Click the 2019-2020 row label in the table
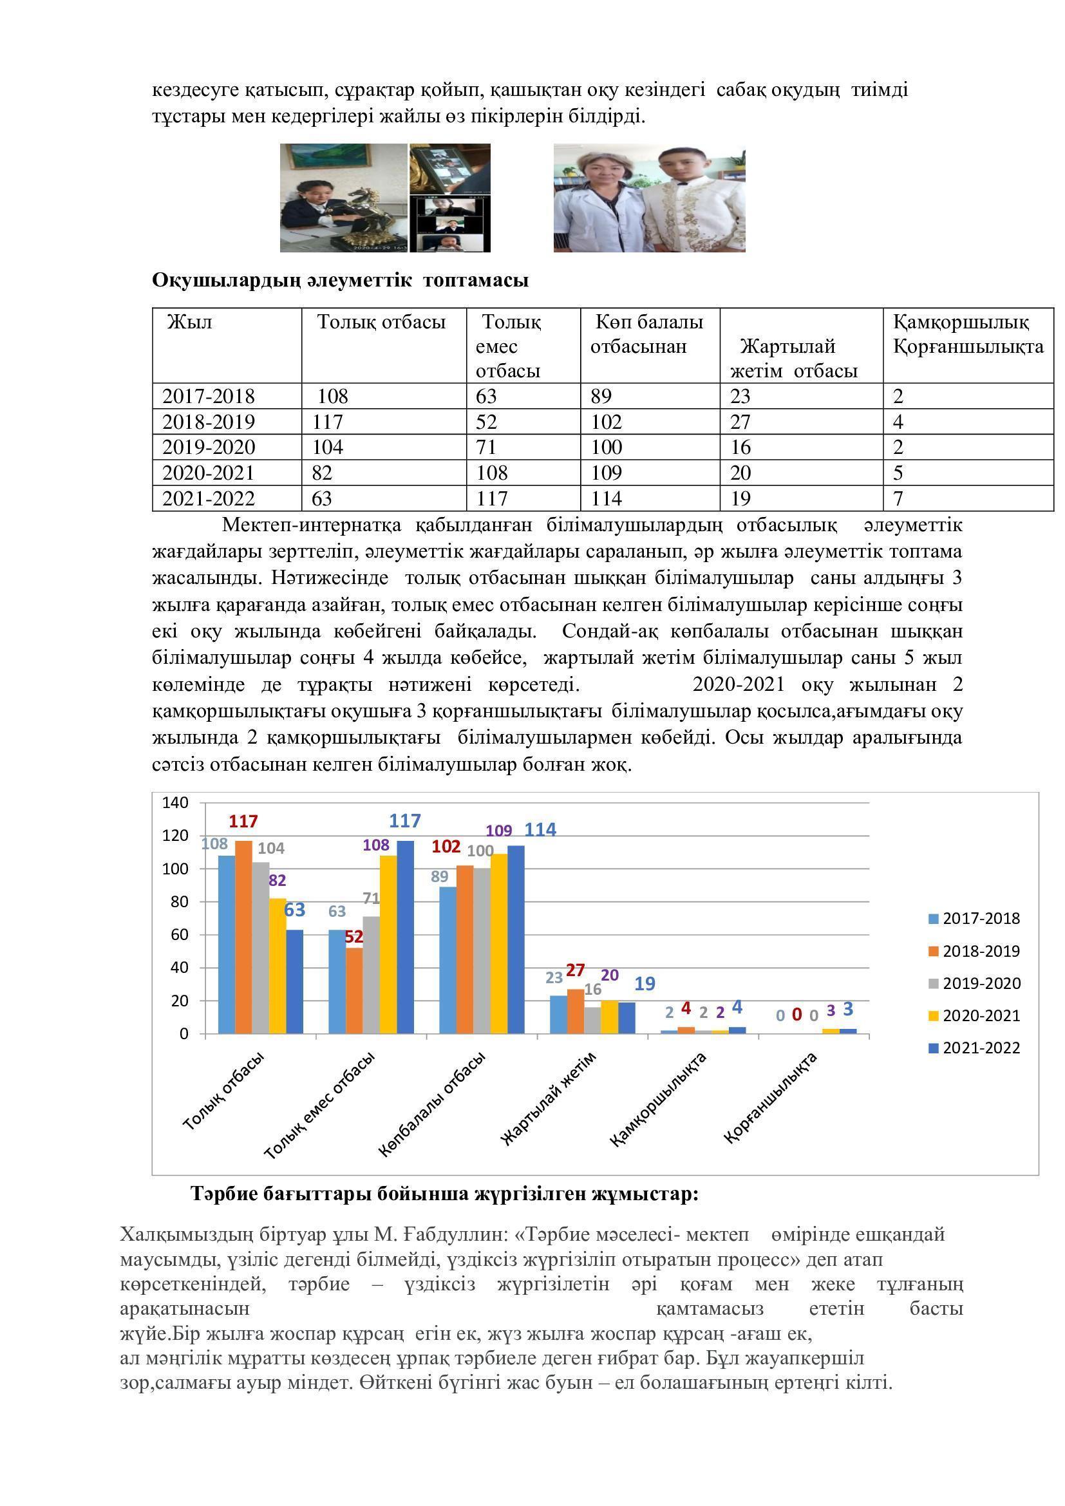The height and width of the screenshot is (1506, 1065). tap(209, 447)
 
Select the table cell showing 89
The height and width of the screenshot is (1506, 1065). tap(601, 396)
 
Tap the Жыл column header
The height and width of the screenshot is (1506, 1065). tap(189, 322)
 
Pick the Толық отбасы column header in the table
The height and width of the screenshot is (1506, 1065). tap(381, 322)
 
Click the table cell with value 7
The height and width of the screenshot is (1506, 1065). tap(898, 498)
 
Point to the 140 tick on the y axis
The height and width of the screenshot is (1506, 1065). tap(175, 803)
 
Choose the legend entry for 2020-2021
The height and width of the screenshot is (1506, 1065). tap(981, 1016)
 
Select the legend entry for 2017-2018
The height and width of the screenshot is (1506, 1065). tap(981, 919)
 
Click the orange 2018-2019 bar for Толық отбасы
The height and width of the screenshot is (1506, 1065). tap(243, 938)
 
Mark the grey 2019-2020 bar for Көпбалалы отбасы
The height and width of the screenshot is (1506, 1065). tap(482, 951)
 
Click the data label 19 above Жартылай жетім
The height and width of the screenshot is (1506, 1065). tap(645, 983)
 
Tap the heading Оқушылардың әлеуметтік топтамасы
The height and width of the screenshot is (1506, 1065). tap(340, 281)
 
